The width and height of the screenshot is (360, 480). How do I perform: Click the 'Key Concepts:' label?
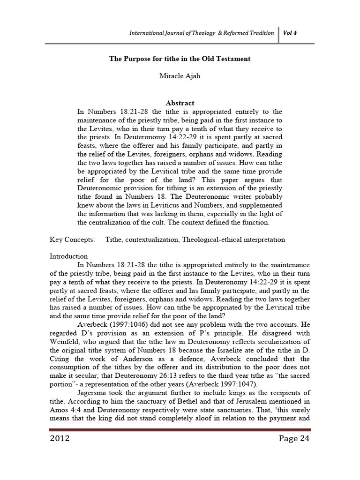pyautogui.click(x=72, y=240)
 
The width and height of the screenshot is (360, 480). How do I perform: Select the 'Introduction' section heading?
pyautogui.click(x=69, y=256)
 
